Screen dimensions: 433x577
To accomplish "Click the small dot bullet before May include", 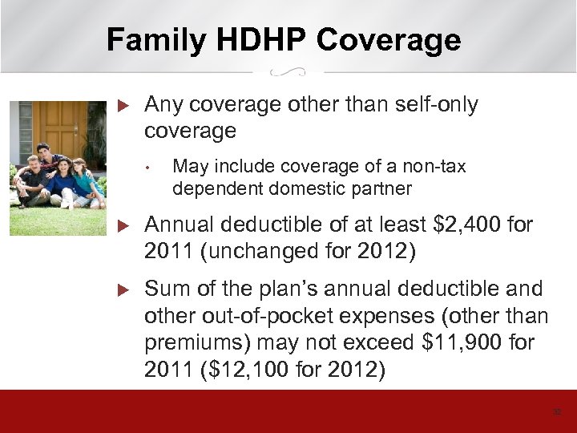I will (149, 168).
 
